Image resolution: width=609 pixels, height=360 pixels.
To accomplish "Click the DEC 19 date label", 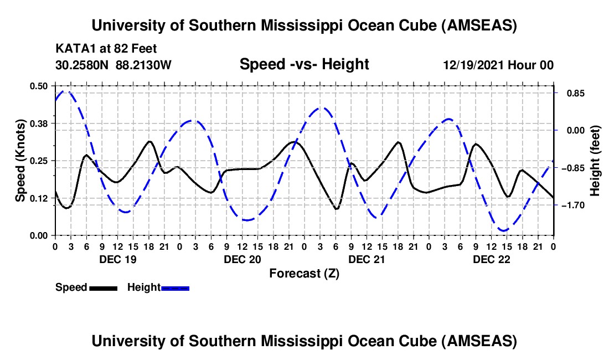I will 117,259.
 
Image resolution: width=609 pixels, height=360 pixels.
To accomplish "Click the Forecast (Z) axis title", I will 304,273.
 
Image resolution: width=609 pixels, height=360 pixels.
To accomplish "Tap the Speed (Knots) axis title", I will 20,160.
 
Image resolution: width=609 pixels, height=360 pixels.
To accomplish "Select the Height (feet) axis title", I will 595,160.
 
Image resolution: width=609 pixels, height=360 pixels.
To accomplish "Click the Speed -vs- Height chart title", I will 304,64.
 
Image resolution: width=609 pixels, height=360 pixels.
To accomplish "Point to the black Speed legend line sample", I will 104,287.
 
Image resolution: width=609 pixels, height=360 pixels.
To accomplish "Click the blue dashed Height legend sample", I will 176,287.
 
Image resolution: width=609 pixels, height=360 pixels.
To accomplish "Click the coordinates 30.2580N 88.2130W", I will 113,65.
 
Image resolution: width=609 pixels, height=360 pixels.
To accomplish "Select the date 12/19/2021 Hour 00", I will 498,65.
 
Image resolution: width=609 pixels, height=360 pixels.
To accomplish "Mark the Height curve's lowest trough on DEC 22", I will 503,230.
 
